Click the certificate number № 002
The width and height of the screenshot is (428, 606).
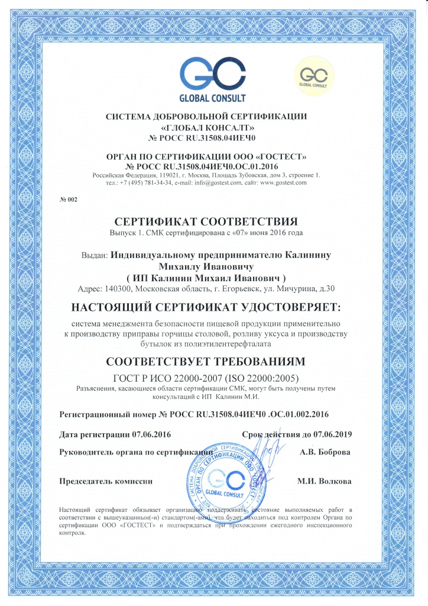pyautogui.click(x=69, y=199)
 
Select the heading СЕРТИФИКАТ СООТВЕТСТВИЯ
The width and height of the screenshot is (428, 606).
pyautogui.click(x=213, y=223)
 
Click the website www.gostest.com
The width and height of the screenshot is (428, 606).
pyautogui.click(x=284, y=183)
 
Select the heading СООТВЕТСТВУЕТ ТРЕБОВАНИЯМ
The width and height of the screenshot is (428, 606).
pyautogui.click(x=213, y=361)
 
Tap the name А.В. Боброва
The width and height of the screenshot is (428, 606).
pyautogui.click(x=325, y=452)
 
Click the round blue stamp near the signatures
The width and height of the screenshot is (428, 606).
pyautogui.click(x=225, y=479)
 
